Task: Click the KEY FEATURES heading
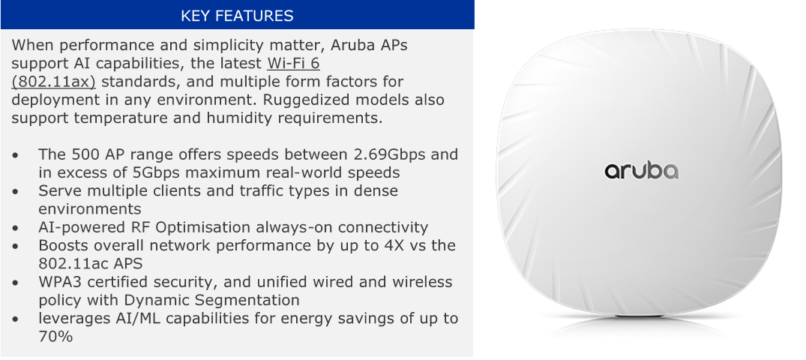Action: [x=237, y=16]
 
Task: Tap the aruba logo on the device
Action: [x=641, y=171]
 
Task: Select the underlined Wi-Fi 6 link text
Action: [x=293, y=64]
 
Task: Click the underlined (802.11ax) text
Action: [x=53, y=82]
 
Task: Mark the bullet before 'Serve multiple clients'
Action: [x=17, y=191]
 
